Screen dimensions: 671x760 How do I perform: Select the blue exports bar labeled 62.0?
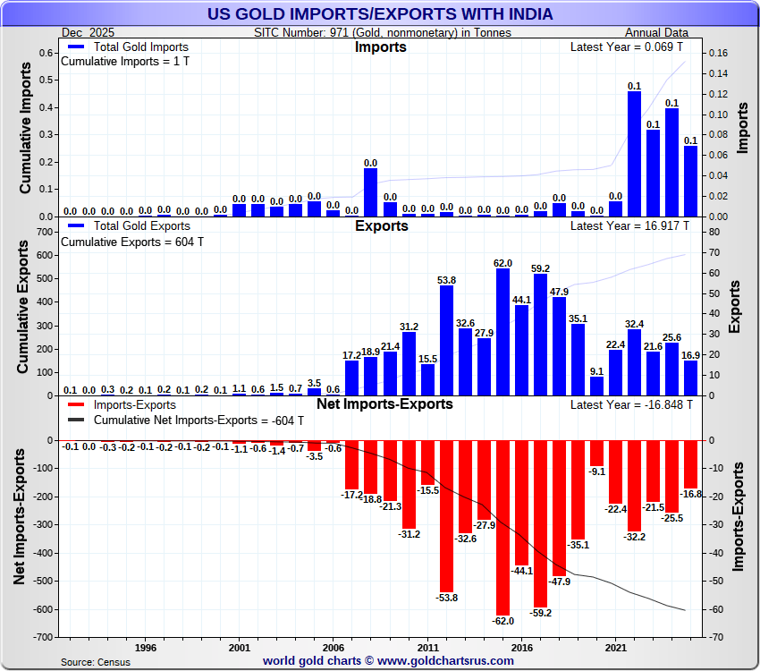502,331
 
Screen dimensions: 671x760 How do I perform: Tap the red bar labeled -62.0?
502,527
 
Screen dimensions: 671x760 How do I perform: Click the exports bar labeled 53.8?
446,340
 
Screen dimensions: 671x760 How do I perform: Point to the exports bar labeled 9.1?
596,386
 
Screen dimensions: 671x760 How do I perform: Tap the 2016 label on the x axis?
521,647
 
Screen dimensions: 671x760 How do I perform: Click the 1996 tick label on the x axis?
146,647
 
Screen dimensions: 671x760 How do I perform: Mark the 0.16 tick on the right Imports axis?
720,53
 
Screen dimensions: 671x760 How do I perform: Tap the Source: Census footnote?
95,662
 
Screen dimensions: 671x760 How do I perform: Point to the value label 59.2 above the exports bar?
540,268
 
